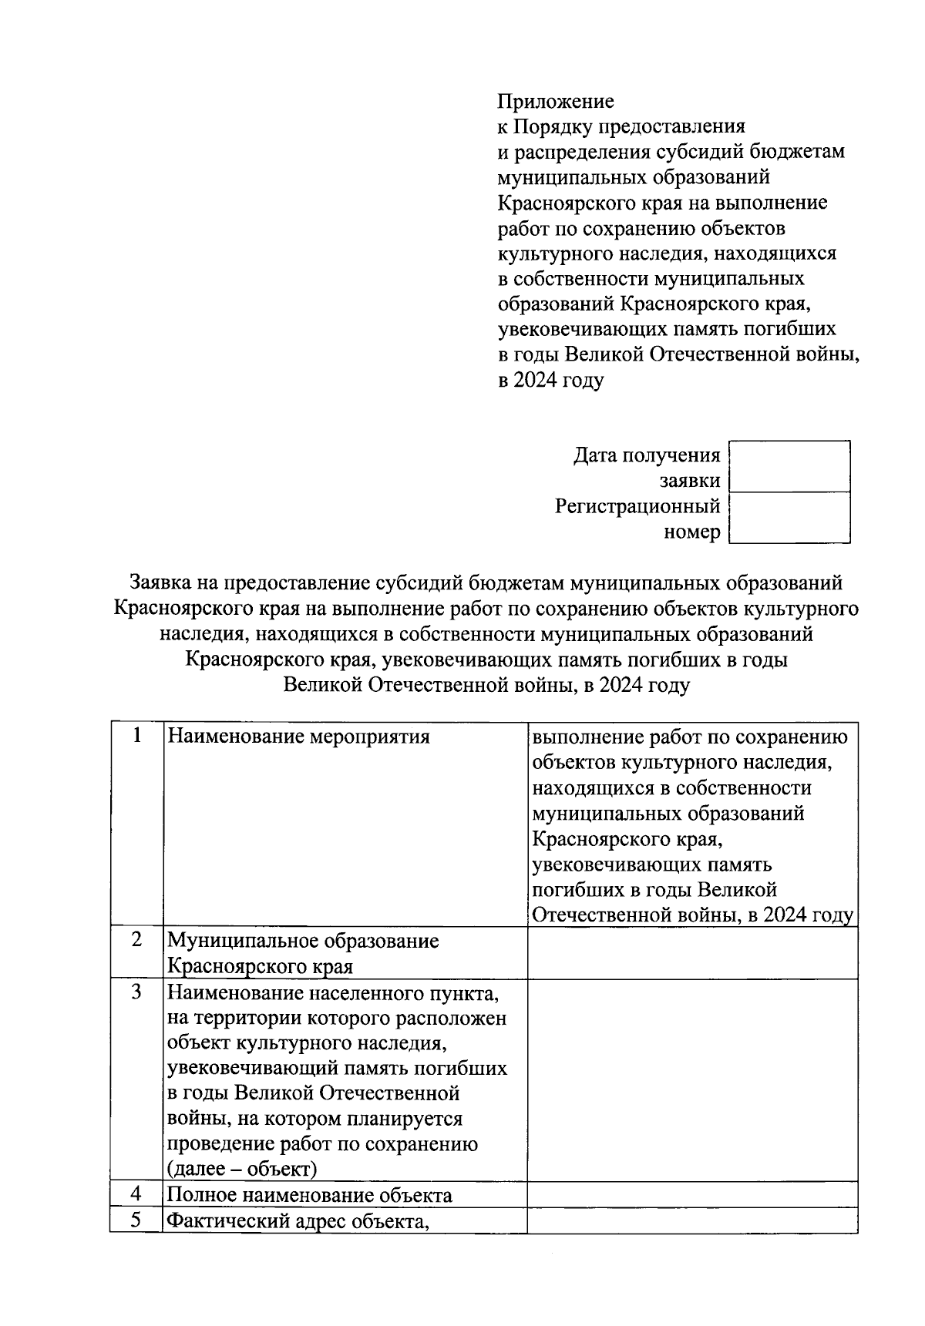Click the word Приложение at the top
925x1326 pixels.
click(555, 102)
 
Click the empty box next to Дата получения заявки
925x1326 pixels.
click(789, 467)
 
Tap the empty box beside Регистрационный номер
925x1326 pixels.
click(789, 518)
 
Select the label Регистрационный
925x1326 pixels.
click(637, 507)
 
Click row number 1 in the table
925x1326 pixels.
click(136, 737)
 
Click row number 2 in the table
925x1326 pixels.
click(136, 941)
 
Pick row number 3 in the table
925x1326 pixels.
click(136, 992)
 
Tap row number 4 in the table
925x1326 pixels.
click(136, 1195)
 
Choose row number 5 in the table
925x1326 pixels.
click(136, 1220)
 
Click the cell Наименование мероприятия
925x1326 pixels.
click(298, 737)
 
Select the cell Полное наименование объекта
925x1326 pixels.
click(310, 1196)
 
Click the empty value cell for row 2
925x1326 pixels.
click(692, 953)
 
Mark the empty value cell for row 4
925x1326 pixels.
click(692, 1195)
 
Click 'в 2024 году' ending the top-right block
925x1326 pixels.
click(550, 381)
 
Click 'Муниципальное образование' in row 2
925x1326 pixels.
click(303, 942)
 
